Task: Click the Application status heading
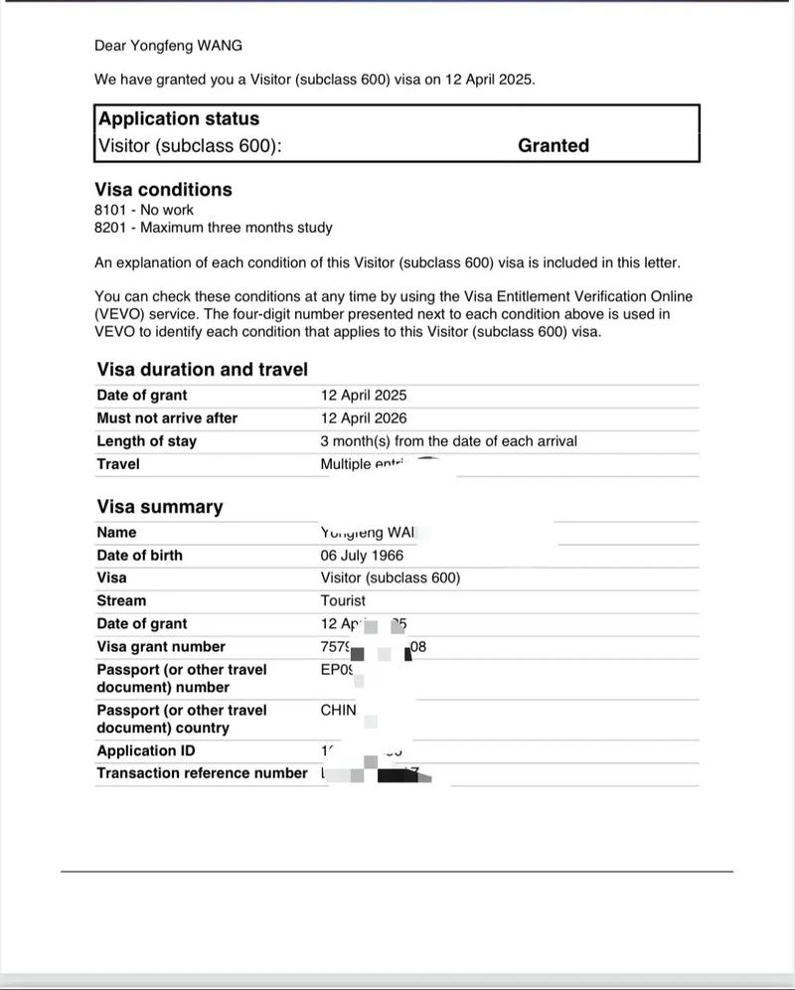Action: (179, 118)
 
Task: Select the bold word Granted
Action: (554, 145)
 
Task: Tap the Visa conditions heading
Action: (163, 189)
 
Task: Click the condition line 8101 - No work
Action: (144, 210)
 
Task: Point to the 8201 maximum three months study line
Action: (213, 228)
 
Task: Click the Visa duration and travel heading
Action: (203, 370)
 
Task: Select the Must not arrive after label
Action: (167, 418)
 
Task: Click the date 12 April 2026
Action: (364, 418)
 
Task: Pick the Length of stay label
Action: (146, 441)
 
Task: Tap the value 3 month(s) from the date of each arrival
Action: (448, 441)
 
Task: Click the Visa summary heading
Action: (160, 507)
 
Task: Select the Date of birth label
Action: (139, 556)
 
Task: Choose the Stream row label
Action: (121, 601)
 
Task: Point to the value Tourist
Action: (343, 601)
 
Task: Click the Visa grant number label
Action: (161, 647)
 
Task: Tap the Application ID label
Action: (146, 751)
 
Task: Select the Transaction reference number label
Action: (202, 773)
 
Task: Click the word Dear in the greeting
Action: (110, 46)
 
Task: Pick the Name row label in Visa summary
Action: (116, 533)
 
